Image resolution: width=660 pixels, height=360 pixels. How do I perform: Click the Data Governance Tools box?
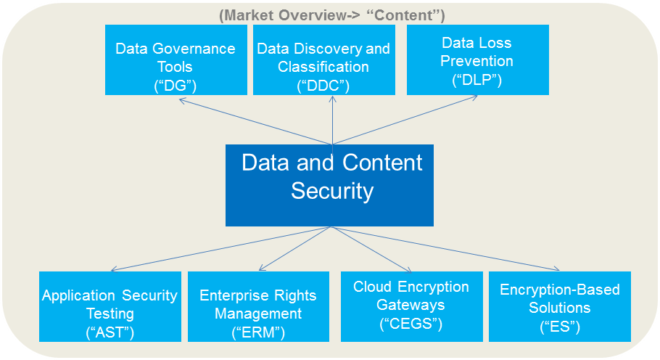[176, 60]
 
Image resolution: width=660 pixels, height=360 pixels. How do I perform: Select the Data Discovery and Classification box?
[323, 60]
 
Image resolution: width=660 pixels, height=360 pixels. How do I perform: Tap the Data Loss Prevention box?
[477, 60]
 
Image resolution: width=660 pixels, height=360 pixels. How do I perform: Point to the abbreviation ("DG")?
[176, 86]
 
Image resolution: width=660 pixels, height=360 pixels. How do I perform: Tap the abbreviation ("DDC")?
[323, 86]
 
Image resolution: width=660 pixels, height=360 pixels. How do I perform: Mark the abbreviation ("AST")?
[110, 332]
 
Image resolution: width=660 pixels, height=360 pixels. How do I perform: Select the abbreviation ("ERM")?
[257, 332]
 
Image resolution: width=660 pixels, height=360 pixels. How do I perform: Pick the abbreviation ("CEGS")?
[411, 324]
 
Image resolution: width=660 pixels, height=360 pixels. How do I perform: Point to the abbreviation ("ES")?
[559, 327]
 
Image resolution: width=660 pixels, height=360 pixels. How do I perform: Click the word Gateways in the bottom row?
[411, 305]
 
